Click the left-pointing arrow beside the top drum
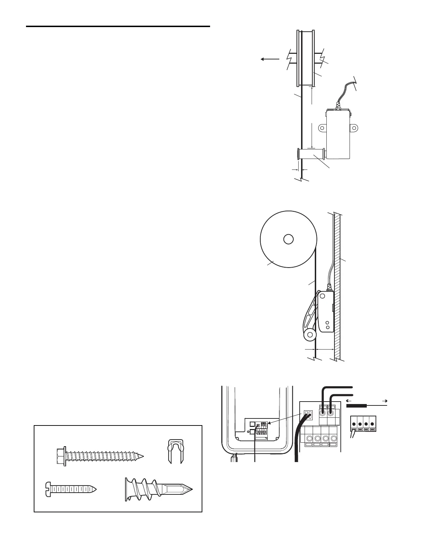tap(270, 59)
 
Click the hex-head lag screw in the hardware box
tap(100, 456)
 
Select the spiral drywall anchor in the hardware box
tap(158, 489)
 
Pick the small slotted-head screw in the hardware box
tap(71, 489)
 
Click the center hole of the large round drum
tap(288, 239)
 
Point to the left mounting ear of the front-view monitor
tap(322, 128)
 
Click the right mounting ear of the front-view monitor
tap(354, 128)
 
